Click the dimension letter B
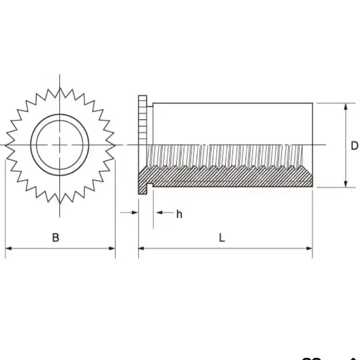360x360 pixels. [55, 237]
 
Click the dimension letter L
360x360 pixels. [222, 238]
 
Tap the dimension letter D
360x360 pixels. [355, 146]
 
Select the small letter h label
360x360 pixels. [179, 214]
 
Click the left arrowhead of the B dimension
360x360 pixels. [8, 248]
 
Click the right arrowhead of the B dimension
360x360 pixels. [112, 248]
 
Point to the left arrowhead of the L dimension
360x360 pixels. [141, 248]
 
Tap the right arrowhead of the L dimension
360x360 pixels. [309, 248]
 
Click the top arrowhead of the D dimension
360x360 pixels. [346, 106]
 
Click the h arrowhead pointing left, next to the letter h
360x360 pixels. [159, 213]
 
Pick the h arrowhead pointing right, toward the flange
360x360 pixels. [135, 213]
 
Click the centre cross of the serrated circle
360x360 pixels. [60, 145]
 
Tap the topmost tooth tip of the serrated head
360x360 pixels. [60, 88]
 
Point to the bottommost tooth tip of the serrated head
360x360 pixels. [60, 203]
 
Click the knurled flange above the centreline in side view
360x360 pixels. [142, 120]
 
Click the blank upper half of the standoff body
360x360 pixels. [232, 124]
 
